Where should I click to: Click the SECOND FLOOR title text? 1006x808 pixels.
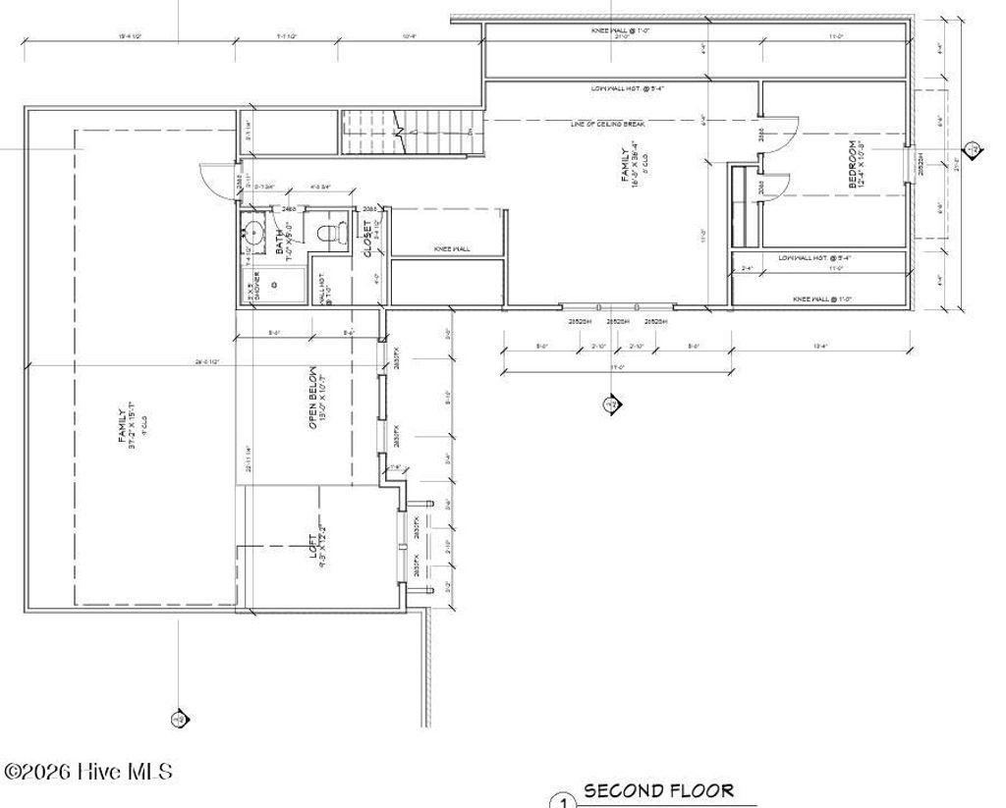click(658, 790)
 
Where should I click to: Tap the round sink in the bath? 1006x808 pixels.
click(252, 234)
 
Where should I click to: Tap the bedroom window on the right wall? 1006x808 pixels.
click(911, 163)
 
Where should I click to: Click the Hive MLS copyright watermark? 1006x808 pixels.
click(88, 772)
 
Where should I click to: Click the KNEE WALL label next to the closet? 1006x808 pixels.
click(452, 249)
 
